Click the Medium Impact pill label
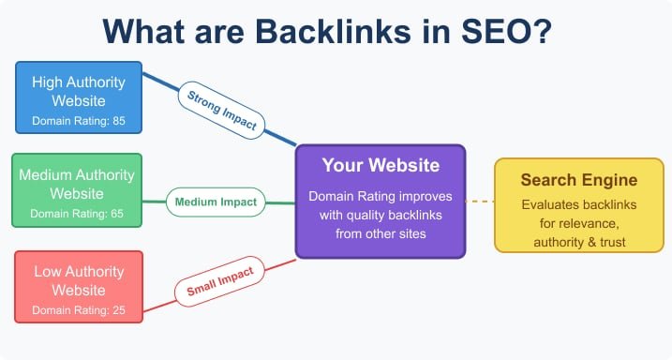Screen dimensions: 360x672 [217, 201]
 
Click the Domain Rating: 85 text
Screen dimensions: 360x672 [78, 121]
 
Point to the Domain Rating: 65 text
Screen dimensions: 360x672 [77, 214]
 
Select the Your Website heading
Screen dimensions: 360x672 [380, 166]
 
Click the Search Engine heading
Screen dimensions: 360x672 [566, 179]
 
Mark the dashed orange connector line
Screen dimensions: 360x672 [479, 201]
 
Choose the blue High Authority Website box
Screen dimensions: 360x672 [78, 96]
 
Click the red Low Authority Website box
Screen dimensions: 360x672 [78, 286]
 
